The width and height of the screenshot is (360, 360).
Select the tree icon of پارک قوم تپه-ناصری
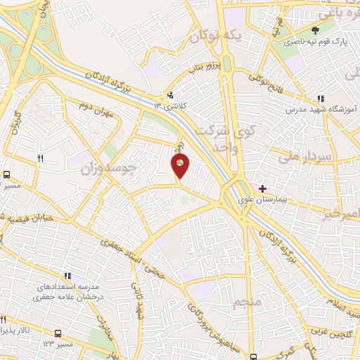coord(316,30)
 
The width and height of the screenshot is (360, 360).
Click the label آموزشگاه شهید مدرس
coord(323,110)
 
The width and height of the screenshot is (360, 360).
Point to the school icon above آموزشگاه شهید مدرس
coord(321,98)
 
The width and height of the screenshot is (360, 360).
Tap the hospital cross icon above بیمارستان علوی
coord(263,188)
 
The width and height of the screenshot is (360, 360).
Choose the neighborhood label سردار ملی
coord(314,153)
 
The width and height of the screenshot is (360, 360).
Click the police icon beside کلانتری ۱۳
coord(170,96)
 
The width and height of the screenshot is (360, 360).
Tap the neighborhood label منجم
coord(245,303)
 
